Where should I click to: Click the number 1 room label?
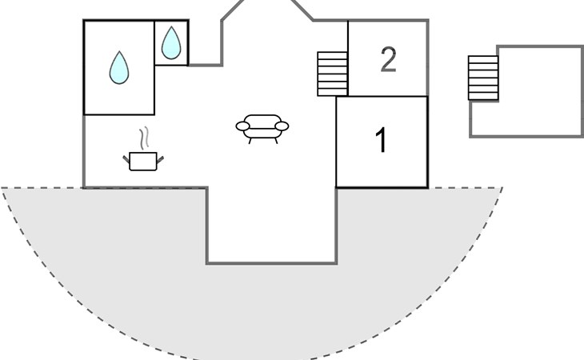[382, 140]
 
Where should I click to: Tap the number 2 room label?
[389, 59]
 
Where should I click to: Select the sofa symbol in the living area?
[262, 129]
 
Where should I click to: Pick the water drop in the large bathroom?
[119, 68]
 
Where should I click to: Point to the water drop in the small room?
[171, 43]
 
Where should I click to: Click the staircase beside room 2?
[332, 74]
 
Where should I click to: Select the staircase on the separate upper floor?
[483, 78]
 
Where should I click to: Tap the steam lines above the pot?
[145, 138]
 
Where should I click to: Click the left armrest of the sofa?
[243, 126]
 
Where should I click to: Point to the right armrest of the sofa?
[282, 126]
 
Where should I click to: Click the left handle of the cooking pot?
[126, 160]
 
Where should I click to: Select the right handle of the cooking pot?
[160, 160]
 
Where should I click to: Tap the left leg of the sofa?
[250, 141]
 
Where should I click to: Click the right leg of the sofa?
[276, 141]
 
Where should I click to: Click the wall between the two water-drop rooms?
[154, 43]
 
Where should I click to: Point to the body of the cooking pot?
[143, 162]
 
